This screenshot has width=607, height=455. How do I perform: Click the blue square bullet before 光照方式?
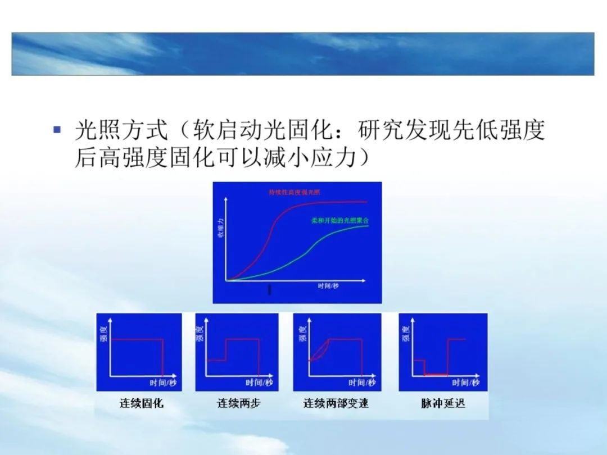tap(56, 130)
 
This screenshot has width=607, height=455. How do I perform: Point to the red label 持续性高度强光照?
tap(294, 193)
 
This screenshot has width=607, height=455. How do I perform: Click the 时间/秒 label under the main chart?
tap(328, 286)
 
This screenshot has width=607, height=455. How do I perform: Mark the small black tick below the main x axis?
tap(270, 290)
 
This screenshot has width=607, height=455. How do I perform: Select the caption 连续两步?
tap(239, 403)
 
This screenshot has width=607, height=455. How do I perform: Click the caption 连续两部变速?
tap(336, 403)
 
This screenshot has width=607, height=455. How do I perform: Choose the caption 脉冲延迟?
tap(443, 403)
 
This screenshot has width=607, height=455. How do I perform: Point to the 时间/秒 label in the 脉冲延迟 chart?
tap(465, 383)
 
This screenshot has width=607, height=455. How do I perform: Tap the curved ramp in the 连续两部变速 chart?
tap(318, 350)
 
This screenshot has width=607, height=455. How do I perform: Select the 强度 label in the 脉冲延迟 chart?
tap(406, 335)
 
